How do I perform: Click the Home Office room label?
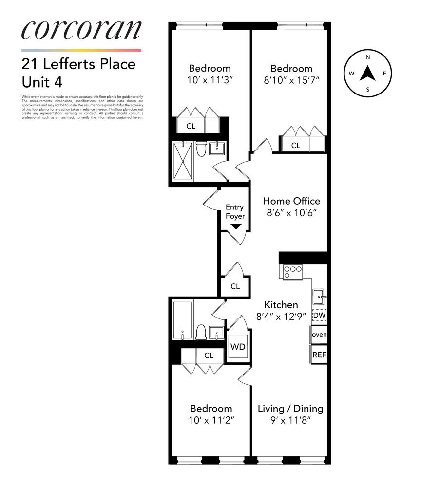[291, 201]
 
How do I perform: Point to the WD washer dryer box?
[238, 347]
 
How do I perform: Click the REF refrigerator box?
[319, 355]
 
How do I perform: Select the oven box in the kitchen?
[319, 335]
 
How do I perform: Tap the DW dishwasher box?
[319, 316]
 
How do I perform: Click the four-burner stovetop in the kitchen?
[292, 271]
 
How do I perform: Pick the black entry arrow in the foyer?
[236, 226]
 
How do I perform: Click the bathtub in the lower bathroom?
[183, 320]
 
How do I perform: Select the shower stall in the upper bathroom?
[183, 161]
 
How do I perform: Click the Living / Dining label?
[290, 409]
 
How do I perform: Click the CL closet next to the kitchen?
[235, 286]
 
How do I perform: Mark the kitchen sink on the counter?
[319, 295]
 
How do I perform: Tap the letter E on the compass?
[385, 74]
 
